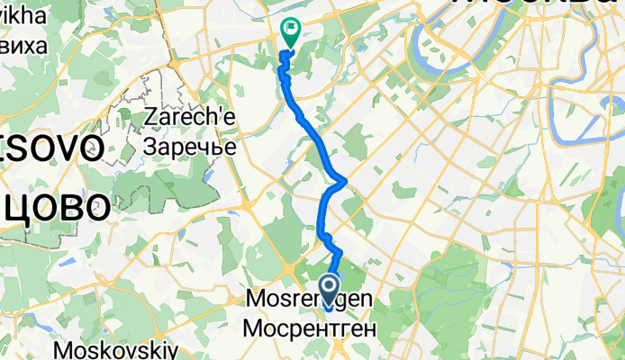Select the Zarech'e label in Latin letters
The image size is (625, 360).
tap(190, 117)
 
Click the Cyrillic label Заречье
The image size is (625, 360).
tap(190, 145)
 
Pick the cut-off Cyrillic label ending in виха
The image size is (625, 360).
tap(22, 46)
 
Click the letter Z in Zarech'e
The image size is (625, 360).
tap(150, 117)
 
